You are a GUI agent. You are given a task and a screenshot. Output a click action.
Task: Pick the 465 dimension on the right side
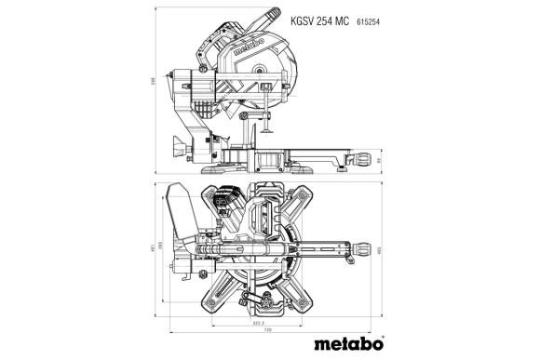[x=383, y=248]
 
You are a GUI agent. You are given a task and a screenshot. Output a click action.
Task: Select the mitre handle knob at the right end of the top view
[x=359, y=249]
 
